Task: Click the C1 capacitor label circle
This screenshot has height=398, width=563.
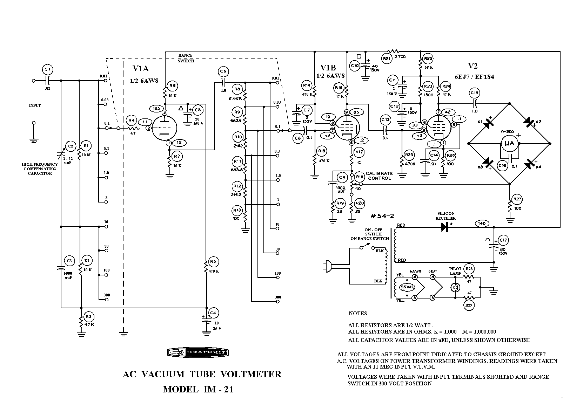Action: tap(48, 69)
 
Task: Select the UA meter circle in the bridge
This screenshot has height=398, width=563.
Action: tap(509, 143)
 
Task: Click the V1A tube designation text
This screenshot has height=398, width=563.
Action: tap(141, 68)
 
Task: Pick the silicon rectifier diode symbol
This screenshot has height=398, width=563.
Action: tap(445, 227)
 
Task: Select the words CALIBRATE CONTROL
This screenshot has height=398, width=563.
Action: tap(379, 176)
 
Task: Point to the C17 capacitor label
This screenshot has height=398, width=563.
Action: tap(503, 240)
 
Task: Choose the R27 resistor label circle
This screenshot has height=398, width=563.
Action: tap(517, 199)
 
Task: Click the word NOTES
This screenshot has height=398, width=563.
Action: tap(358, 314)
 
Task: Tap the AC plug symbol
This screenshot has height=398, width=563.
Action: tap(327, 266)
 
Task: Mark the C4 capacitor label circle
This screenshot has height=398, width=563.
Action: tap(213, 313)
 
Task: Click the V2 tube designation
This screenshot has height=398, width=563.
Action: tap(473, 66)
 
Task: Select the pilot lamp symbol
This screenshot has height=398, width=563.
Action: tap(455, 288)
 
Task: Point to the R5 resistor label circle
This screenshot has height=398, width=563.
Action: tap(213, 261)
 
